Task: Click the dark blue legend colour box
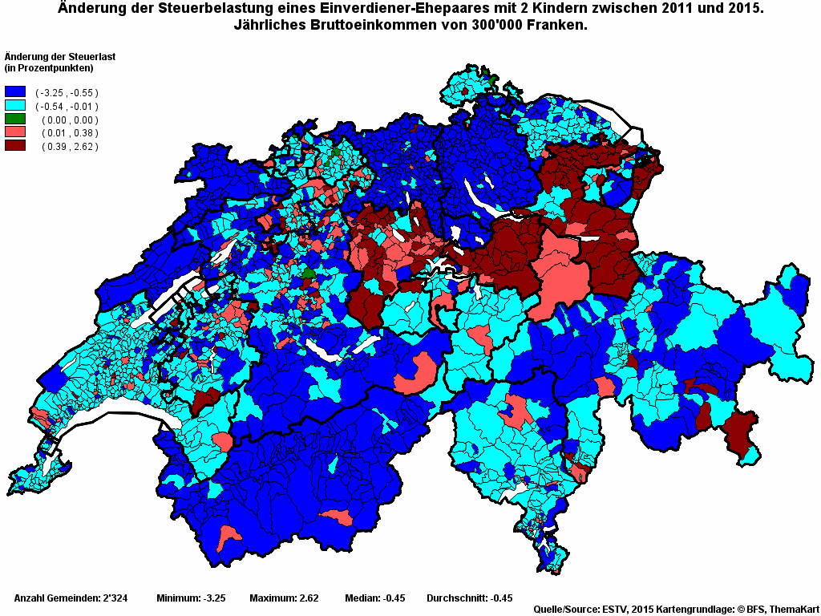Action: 15,92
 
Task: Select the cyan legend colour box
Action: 15,106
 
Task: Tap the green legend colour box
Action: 15,119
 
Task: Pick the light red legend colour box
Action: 15,132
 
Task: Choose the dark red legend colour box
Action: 15,145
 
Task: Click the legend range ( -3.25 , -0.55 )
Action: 67,93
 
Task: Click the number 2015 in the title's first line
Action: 744,9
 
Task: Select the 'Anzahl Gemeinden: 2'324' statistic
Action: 71,598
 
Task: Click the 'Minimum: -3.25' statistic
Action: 191,598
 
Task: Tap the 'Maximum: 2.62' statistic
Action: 284,598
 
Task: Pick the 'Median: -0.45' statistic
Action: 375,598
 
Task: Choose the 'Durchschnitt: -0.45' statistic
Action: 470,598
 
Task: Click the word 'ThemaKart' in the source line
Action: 794,610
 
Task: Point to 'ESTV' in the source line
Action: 616,610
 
